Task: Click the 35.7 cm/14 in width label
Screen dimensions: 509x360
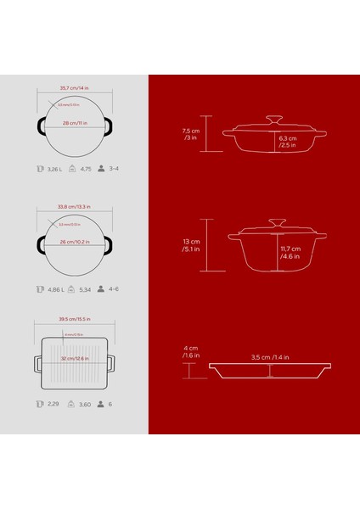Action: point(75,87)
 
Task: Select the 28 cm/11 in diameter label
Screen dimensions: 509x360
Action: point(75,125)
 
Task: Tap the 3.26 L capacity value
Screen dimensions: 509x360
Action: point(56,169)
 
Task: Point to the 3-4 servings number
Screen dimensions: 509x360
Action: point(114,169)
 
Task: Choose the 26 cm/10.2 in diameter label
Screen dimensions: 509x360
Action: point(75,242)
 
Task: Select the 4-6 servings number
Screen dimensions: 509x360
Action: point(114,288)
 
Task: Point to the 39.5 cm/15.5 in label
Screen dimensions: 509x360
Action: point(75,320)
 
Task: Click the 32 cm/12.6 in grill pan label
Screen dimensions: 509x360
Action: point(75,359)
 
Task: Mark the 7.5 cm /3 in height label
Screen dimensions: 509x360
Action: point(191,135)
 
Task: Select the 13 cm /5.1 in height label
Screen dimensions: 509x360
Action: point(191,246)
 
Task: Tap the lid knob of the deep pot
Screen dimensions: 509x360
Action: point(276,222)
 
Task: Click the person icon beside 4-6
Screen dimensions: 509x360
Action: point(100,288)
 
